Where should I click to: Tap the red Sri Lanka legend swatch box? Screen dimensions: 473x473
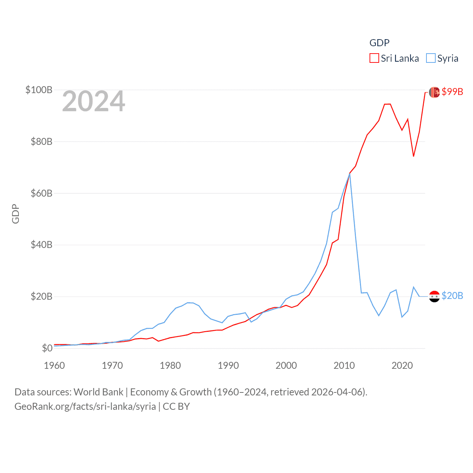point(374,58)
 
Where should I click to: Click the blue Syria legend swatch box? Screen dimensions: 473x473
point(431,58)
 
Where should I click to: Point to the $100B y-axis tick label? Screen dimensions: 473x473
point(39,90)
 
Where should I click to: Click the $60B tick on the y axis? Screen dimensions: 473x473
point(41,193)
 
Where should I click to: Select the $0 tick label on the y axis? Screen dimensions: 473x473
point(47,348)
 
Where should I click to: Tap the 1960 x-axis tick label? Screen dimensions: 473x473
point(54,365)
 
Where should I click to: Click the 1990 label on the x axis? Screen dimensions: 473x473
point(228,365)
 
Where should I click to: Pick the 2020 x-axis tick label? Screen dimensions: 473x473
point(402,365)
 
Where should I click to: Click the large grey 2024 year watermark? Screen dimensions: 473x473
point(93,101)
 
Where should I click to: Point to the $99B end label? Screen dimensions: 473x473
point(452,92)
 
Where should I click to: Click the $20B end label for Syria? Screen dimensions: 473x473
point(452,296)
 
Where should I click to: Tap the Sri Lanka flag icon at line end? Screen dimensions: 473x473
point(434,92)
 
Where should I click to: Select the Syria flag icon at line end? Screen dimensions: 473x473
point(434,296)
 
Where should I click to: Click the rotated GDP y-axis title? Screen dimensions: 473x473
point(16,214)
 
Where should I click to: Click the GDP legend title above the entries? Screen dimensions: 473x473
point(380,43)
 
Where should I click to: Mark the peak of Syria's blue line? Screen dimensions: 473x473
point(350,174)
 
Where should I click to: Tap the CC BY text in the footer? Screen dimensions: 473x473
point(176,406)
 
